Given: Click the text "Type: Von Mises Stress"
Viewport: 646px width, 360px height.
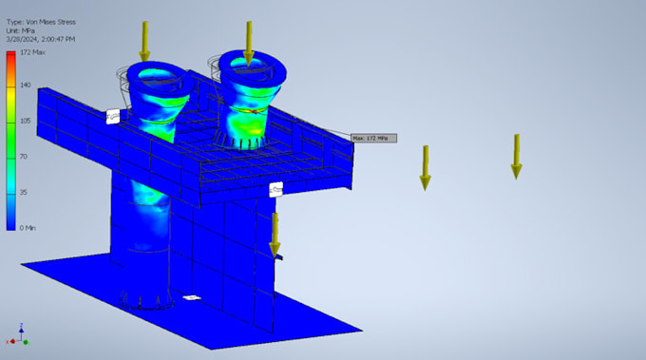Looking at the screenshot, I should pos(41,21).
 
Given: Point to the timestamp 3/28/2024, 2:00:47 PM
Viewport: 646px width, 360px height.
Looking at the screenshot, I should pos(42,39).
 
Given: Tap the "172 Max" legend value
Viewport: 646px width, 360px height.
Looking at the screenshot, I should pos(31,52).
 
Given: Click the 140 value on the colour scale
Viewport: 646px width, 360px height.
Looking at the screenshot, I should pos(26,85).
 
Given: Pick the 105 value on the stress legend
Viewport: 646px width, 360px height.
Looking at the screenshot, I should pos(26,121).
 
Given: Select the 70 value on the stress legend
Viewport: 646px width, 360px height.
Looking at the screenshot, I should pos(24,156).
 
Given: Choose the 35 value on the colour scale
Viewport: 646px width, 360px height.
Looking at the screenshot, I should pos(24,191).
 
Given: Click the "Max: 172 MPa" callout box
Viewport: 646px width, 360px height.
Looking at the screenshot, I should pos(372,138).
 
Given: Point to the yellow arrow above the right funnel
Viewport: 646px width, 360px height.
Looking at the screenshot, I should pos(249,43).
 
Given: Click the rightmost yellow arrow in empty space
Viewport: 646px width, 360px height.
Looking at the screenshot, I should pos(516,156).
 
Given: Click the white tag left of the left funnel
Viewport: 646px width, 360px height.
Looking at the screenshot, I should pos(113,115).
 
